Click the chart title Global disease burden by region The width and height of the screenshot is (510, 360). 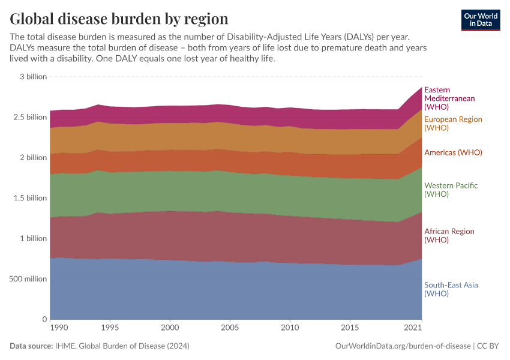click(119, 18)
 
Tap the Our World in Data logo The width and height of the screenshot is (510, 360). click(480, 20)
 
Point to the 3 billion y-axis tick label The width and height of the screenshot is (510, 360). click(33, 77)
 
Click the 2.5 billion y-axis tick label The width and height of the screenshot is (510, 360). click(29, 117)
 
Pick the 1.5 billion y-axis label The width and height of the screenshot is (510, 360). click(29, 198)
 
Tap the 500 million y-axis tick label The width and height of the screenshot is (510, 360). click(28, 279)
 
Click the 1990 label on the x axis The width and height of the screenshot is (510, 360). click(59, 328)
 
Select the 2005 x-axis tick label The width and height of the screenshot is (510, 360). click(230, 328)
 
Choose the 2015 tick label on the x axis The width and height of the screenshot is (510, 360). click(350, 328)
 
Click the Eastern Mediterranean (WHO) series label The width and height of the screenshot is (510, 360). click(449, 98)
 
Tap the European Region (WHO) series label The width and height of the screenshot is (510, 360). click(453, 124)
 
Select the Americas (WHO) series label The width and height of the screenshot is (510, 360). click(453, 153)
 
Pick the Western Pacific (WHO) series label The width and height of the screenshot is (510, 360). click(451, 190)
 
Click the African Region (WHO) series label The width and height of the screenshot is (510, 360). click(449, 235)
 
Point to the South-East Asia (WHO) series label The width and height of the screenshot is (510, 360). click(451, 289)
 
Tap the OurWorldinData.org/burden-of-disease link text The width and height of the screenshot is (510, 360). click(403, 346)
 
